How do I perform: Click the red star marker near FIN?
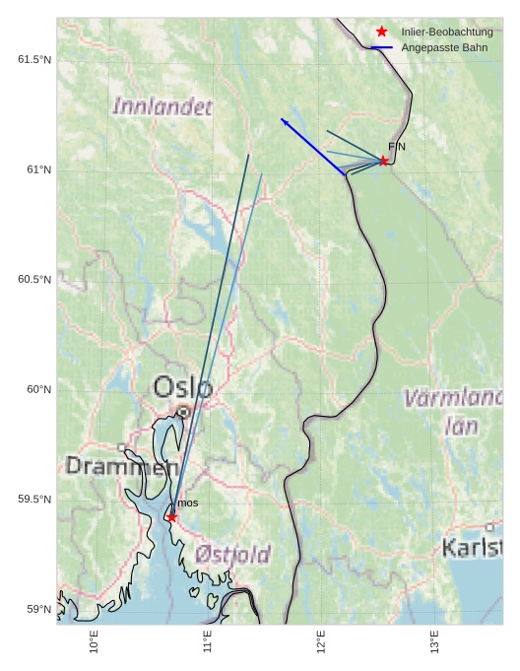point(383,161)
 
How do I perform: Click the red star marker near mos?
point(172,517)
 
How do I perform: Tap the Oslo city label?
point(182,387)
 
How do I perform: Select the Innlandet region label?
point(162,106)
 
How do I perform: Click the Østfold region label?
point(232,555)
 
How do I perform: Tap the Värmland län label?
point(454,412)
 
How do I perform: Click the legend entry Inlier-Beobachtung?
point(447,33)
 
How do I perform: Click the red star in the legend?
point(382,33)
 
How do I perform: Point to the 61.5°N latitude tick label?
point(34,60)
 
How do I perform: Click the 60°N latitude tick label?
point(38,389)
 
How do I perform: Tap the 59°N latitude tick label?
point(38,609)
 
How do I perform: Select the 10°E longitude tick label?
point(95,641)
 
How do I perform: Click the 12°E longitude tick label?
point(321,641)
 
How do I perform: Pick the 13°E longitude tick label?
point(434,641)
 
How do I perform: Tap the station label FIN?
point(397,147)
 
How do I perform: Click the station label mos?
point(187,503)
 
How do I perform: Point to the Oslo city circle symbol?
point(183,412)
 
